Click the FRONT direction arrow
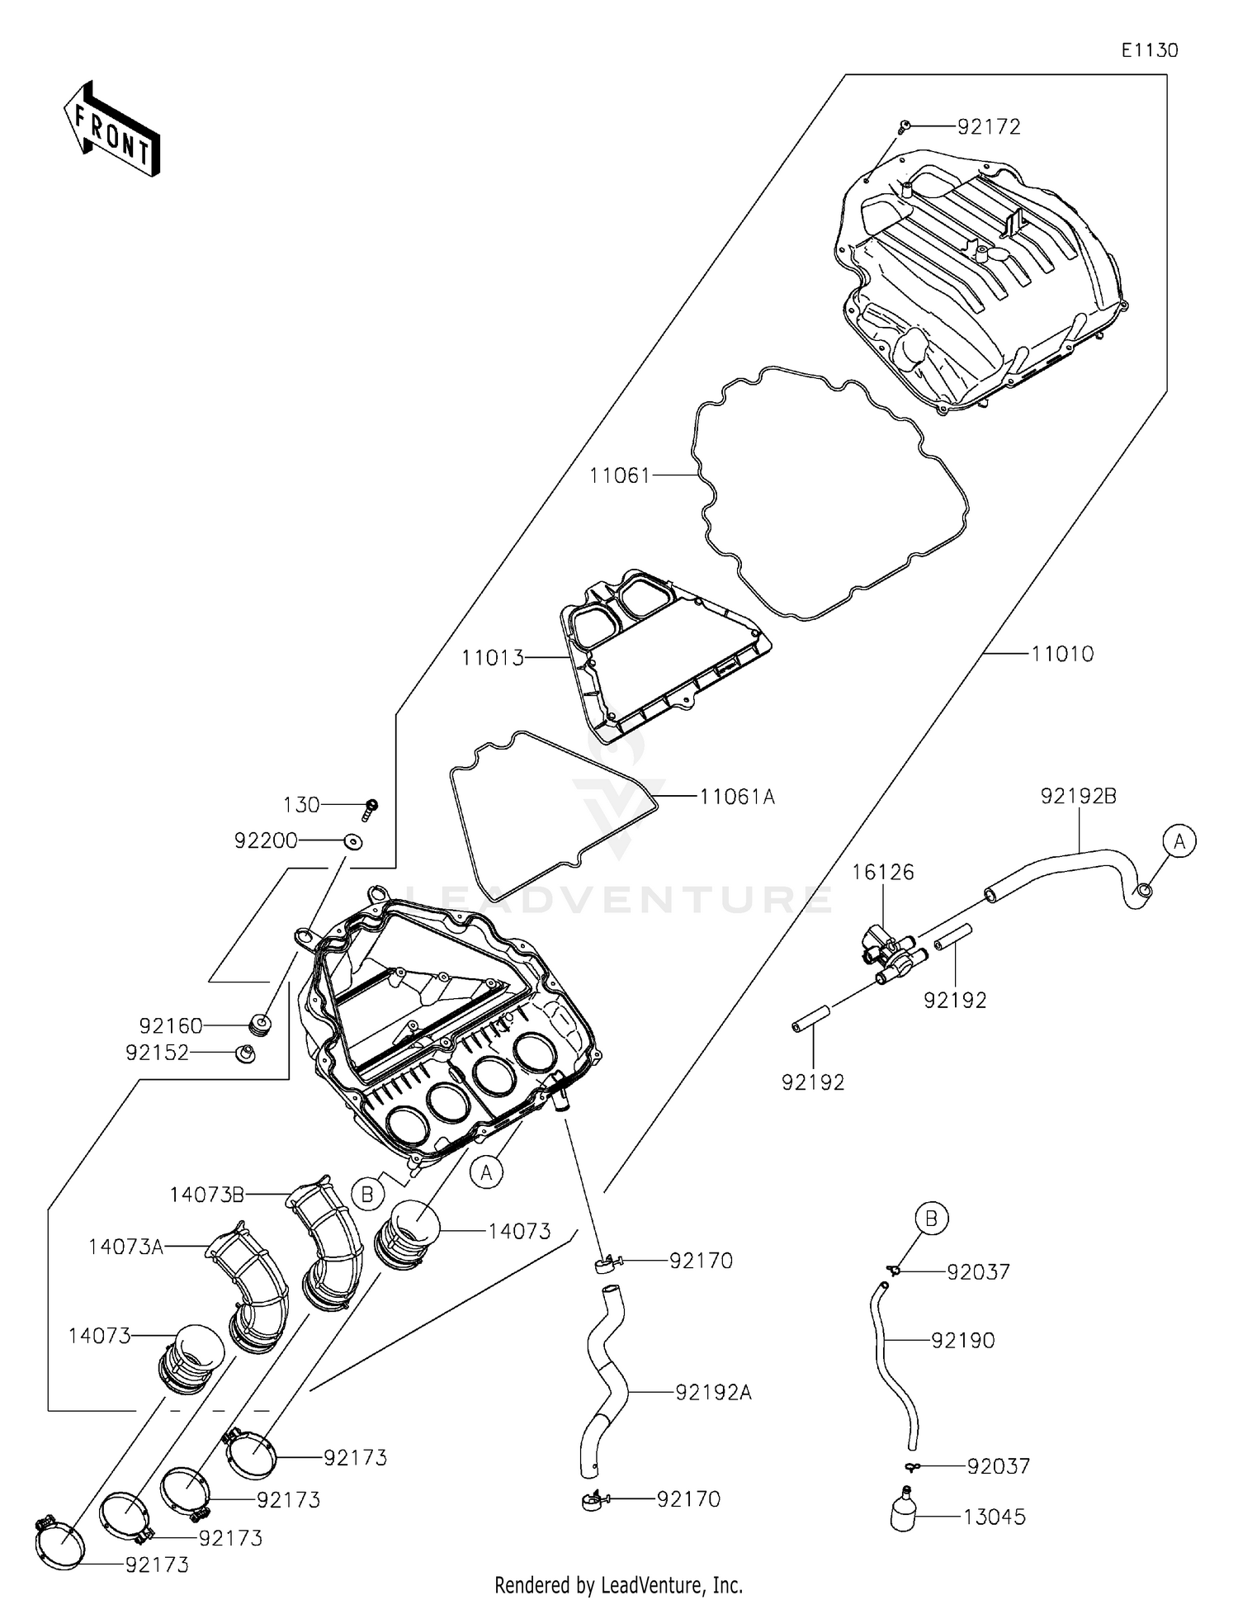[112, 130]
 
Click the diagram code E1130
[1150, 50]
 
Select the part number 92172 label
[989, 127]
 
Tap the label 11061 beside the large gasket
[619, 476]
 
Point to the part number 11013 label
[493, 658]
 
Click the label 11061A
[737, 798]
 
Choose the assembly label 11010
[1062, 655]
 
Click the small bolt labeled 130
[371, 808]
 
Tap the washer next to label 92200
[353, 841]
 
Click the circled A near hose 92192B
[1179, 841]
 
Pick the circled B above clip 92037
[932, 1218]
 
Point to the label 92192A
[713, 1393]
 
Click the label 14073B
[206, 1195]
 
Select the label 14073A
[125, 1247]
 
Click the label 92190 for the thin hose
[962, 1341]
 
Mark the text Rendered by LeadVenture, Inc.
[618, 1584]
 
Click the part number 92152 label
[157, 1053]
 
